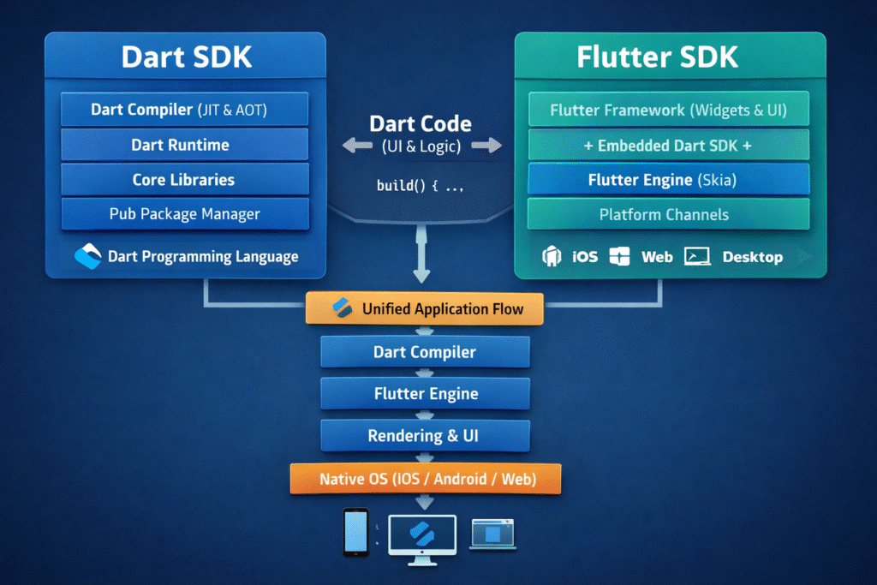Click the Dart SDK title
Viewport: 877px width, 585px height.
click(185, 57)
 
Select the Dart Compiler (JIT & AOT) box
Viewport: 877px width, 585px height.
click(184, 110)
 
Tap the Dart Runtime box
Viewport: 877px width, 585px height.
click(184, 145)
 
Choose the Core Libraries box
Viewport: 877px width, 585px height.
click(184, 180)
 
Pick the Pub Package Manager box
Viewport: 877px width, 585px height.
click(184, 213)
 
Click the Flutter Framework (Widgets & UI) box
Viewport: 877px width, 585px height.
click(668, 110)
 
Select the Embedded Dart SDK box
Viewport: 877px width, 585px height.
click(668, 145)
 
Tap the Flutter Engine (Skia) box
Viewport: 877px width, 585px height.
click(668, 180)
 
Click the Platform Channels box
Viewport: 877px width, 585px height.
click(668, 214)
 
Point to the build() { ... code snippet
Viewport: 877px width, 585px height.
click(421, 185)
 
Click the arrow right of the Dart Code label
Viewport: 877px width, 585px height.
click(486, 146)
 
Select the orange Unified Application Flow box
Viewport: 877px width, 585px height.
click(425, 308)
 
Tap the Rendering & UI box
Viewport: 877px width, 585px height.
click(425, 436)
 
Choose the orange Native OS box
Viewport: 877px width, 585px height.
click(426, 479)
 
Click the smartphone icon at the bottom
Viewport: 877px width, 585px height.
click(355, 532)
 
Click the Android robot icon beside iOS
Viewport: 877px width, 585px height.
click(552, 256)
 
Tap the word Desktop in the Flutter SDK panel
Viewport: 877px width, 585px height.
click(752, 257)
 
